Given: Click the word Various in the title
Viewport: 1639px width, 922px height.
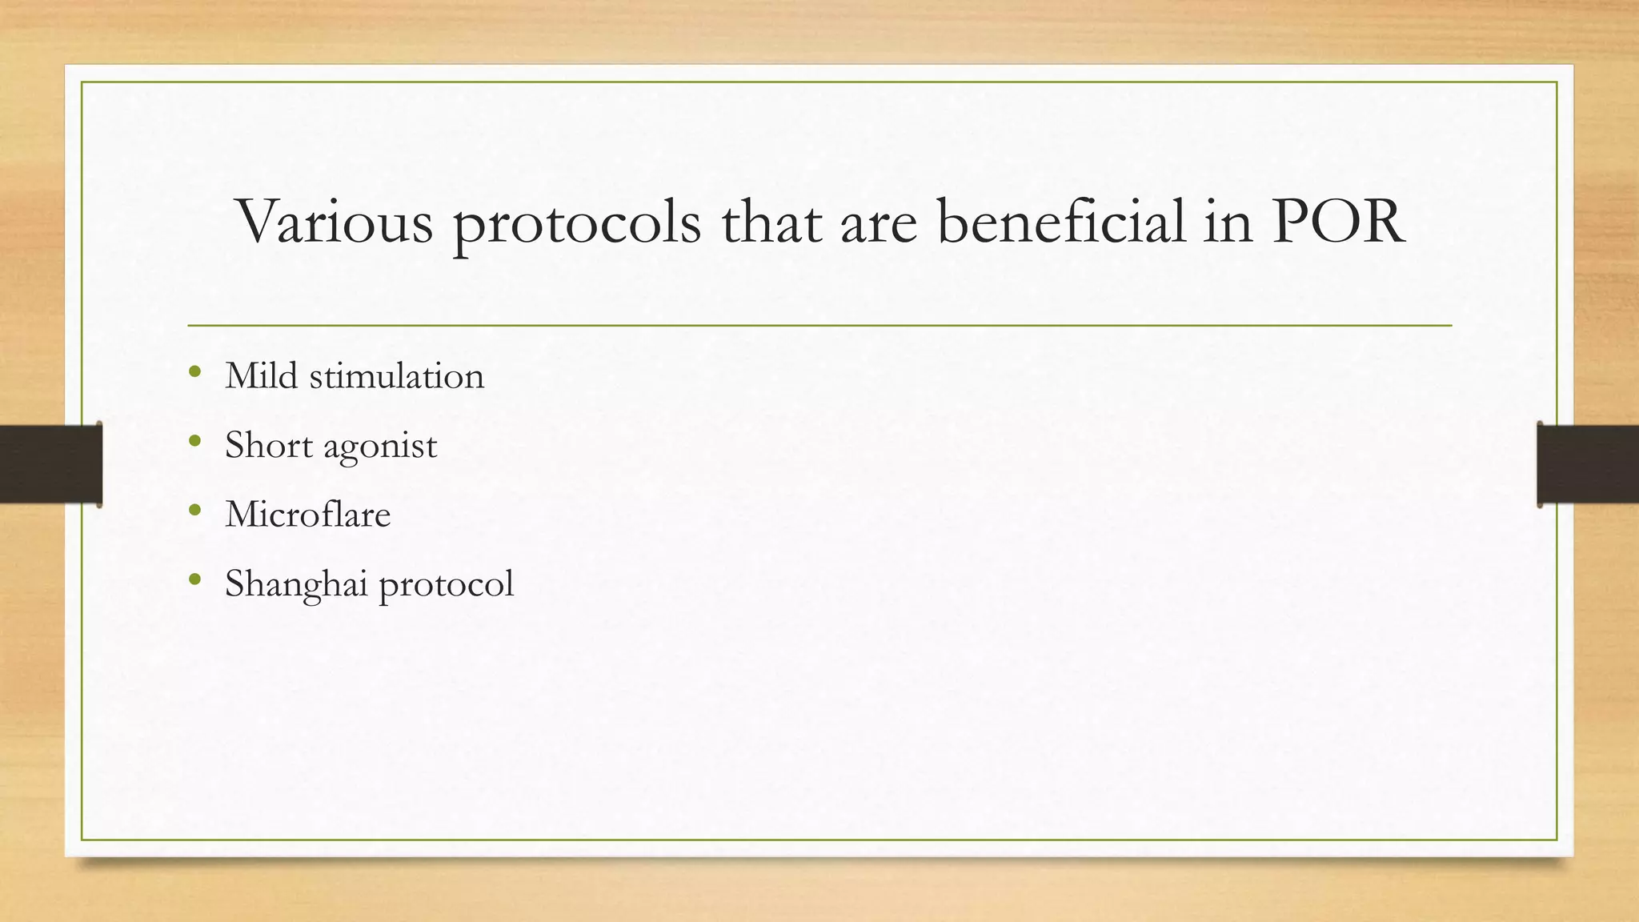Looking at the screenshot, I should [x=335, y=222].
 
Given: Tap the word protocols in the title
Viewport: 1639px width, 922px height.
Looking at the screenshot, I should [x=577, y=224].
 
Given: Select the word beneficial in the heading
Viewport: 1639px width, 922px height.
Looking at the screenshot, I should [x=1060, y=222].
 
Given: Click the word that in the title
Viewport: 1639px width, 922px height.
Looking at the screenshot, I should [x=771, y=222].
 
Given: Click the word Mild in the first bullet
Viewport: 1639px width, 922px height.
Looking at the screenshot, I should [x=261, y=375].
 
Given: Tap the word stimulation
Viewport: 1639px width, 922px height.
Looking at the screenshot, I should [x=397, y=376].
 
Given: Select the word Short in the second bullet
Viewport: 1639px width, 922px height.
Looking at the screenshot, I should [x=268, y=445].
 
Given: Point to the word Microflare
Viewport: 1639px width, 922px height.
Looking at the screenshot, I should [x=307, y=514].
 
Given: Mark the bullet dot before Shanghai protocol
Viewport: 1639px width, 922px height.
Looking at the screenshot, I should [x=194, y=579].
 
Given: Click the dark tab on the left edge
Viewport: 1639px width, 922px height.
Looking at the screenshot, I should [x=50, y=464].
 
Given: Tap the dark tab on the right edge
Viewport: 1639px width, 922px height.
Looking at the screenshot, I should [x=1588, y=464].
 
